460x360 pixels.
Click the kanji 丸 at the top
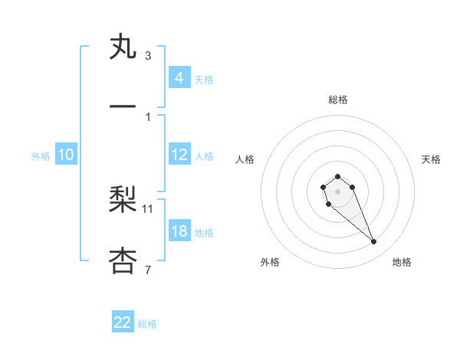point(123,48)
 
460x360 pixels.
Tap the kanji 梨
point(123,201)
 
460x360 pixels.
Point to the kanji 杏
point(123,260)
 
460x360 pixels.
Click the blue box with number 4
point(179,78)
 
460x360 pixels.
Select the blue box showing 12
point(179,155)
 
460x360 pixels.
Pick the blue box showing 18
point(179,231)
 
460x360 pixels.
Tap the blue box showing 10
point(65,155)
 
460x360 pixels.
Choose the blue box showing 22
point(123,322)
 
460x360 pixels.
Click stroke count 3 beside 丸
point(148,56)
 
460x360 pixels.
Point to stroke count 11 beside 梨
point(148,208)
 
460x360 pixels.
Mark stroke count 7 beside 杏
point(148,268)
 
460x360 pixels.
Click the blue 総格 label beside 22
point(147,324)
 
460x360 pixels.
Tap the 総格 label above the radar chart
point(338,100)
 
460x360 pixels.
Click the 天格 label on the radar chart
point(431,159)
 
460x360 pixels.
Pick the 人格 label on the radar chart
point(245,159)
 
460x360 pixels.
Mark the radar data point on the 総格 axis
point(337,176)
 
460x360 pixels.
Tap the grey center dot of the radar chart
point(337,191)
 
